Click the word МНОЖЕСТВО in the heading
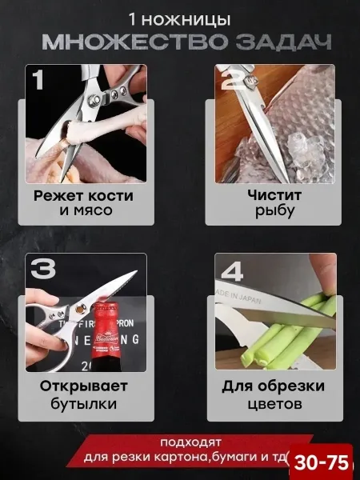(x=134, y=42)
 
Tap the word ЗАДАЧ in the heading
(x=283, y=42)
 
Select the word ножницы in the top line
(x=186, y=20)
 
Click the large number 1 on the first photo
(x=38, y=79)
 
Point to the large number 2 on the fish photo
(x=234, y=80)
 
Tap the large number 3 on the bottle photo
(x=43, y=269)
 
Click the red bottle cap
(x=106, y=308)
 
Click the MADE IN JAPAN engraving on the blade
(x=238, y=295)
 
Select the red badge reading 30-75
(x=321, y=462)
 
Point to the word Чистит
(x=274, y=195)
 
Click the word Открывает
(x=83, y=386)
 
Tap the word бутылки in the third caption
(x=83, y=403)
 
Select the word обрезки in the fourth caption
(x=291, y=386)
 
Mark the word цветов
(x=274, y=404)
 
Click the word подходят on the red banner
(x=190, y=442)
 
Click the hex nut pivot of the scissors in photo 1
(x=94, y=100)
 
